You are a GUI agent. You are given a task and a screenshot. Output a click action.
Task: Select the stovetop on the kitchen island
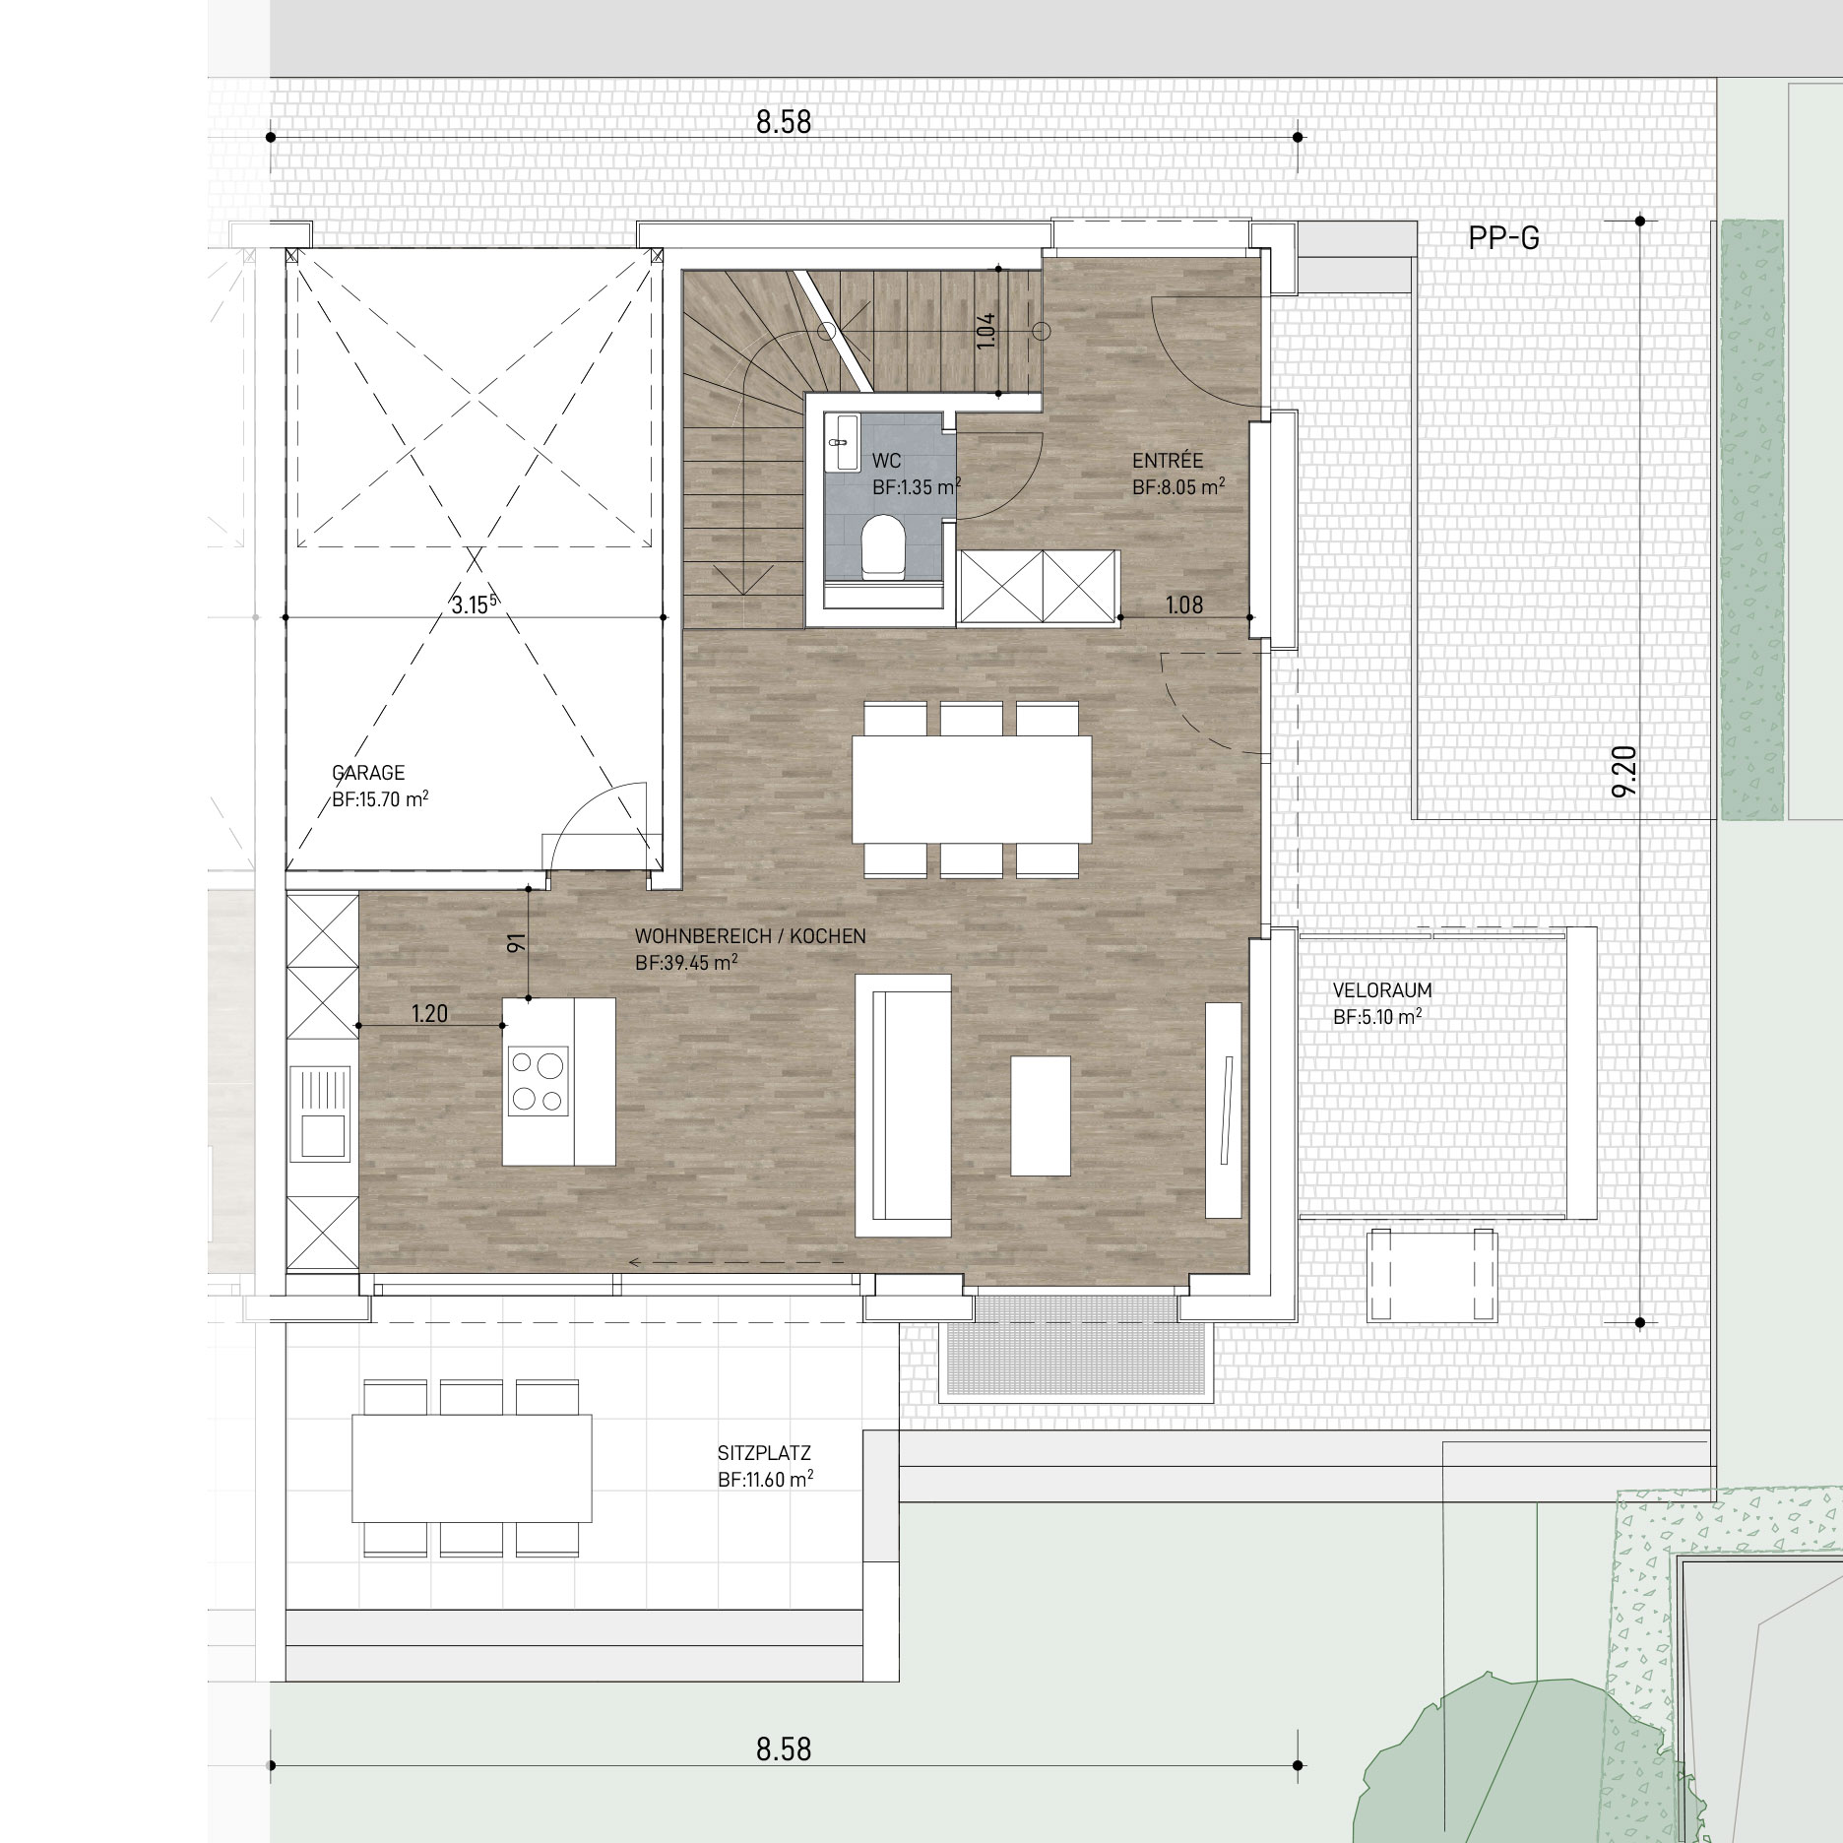coord(538,1081)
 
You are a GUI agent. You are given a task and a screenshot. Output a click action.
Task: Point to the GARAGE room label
coord(368,774)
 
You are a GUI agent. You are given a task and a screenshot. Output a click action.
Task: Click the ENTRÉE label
coord(1168,461)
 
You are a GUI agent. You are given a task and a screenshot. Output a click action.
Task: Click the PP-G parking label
coord(1503,238)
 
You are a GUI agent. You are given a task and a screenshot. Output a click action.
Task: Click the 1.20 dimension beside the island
coord(430,1013)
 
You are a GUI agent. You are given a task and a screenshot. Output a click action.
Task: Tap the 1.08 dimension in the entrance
coord(1184,604)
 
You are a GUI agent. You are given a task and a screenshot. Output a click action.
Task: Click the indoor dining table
coord(972,789)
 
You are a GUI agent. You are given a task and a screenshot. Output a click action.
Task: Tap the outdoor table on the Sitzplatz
coord(473,1468)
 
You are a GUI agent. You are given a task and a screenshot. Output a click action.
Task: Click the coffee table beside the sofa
coord(1041,1114)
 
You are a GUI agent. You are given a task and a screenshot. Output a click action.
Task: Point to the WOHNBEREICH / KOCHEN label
coord(750,936)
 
